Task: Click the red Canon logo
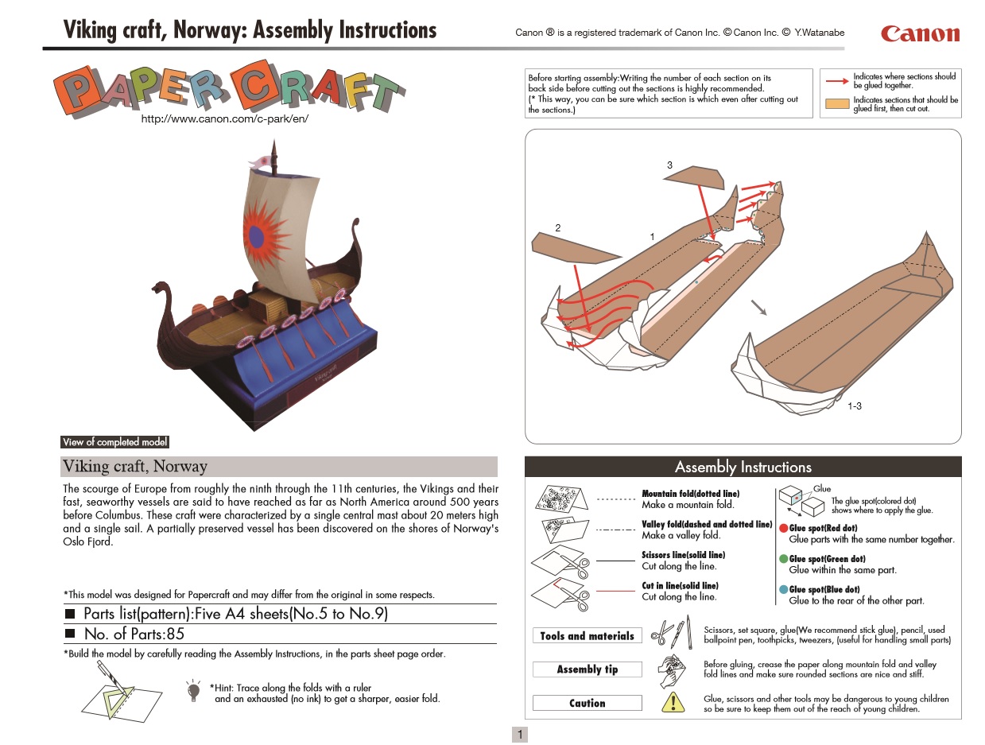[x=920, y=33]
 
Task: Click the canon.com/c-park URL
[x=224, y=118]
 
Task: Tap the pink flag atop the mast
[x=260, y=161]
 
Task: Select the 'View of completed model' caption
[x=115, y=442]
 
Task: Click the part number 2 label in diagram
[x=558, y=228]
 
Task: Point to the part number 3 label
[x=669, y=165]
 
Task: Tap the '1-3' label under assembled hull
[x=855, y=406]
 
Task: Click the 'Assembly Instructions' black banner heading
[x=743, y=467]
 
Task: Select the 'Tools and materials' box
[x=587, y=636]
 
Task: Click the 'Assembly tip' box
[x=587, y=669]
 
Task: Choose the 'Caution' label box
[x=587, y=703]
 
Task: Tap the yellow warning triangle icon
[x=673, y=701]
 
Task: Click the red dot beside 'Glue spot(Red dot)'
[x=783, y=528]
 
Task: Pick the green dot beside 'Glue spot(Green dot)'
[x=783, y=559]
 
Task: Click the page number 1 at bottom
[x=520, y=735]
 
